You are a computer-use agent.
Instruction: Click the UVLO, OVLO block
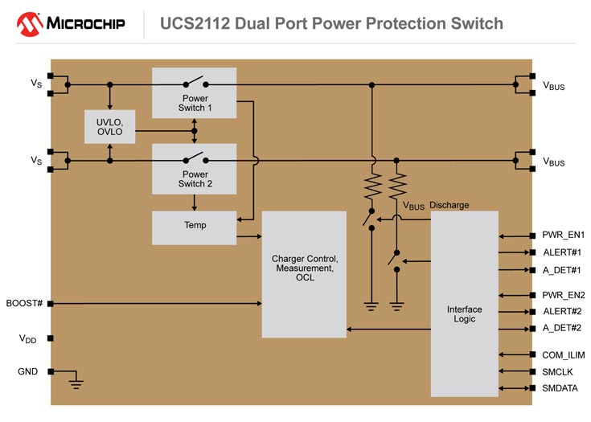(109, 127)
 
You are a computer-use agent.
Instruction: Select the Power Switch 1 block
(195, 92)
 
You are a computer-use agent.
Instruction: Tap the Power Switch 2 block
(195, 169)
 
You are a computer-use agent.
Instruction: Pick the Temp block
(195, 226)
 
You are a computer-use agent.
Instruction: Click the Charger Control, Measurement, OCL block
(304, 273)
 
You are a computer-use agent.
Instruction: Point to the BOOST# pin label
(23, 303)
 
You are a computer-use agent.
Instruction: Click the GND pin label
(27, 371)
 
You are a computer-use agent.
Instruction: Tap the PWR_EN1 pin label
(563, 236)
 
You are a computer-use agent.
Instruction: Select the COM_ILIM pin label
(563, 354)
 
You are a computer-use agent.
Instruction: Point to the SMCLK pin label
(560, 371)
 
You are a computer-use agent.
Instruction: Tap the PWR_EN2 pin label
(563, 295)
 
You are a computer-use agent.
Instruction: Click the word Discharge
(449, 205)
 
